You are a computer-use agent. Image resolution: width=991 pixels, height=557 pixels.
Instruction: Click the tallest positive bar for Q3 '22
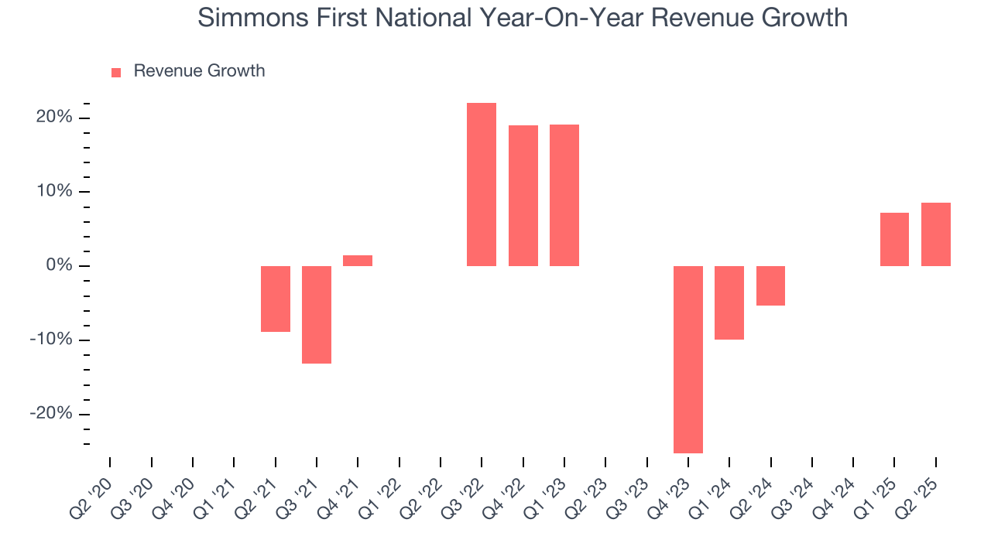482,184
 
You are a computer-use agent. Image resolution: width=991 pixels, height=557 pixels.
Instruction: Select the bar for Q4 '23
688,359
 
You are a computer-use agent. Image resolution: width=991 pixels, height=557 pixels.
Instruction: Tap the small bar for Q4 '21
358,261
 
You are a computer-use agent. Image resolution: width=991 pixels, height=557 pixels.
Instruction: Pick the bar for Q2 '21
276,299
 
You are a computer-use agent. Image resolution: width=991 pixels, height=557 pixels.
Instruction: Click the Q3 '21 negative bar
317,314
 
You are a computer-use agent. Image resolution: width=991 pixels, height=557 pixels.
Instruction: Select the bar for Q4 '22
523,196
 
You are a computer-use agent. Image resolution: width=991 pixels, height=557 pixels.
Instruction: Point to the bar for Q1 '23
564,195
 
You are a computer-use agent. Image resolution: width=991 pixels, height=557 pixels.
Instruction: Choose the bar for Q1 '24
729,302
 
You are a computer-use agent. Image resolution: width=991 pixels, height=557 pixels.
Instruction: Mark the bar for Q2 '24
770,285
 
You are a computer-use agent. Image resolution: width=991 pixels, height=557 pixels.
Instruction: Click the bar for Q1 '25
894,239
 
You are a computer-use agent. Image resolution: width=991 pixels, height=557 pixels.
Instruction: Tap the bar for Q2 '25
935,234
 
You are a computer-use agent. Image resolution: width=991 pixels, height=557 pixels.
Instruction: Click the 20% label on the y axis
53,118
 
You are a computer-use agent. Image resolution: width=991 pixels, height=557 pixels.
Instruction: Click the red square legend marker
116,72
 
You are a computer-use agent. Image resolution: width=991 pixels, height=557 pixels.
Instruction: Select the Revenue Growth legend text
199,71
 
